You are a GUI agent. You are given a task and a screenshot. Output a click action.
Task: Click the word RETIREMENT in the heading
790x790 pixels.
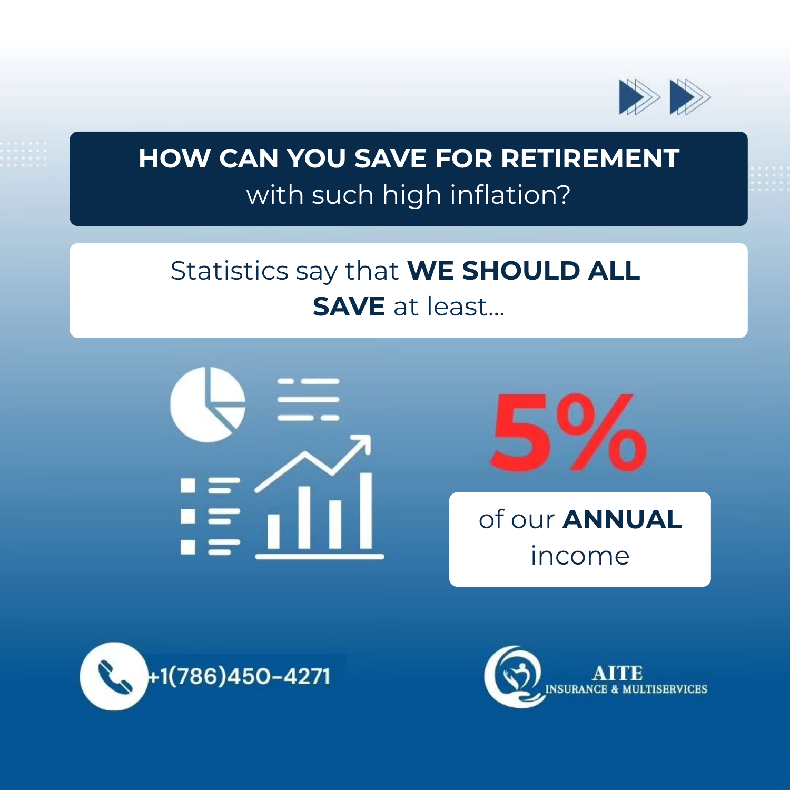[590, 159]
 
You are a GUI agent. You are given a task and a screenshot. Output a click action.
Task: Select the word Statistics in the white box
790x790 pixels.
[230, 271]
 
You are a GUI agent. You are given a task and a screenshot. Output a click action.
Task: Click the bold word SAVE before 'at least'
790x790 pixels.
[349, 307]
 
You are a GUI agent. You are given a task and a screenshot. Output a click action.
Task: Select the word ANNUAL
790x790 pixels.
[622, 520]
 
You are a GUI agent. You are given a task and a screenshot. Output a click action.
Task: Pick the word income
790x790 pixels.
[580, 556]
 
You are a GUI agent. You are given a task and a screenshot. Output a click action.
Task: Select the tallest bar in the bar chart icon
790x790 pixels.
[366, 511]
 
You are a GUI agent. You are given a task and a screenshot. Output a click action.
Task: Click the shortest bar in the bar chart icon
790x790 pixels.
[273, 531]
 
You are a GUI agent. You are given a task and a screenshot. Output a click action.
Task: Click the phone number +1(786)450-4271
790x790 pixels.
[239, 676]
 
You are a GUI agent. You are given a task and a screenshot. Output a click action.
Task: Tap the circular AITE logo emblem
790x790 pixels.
[514, 676]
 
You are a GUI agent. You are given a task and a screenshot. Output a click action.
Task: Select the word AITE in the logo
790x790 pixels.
[617, 673]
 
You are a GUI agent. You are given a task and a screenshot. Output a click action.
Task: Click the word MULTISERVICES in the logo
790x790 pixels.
[665, 689]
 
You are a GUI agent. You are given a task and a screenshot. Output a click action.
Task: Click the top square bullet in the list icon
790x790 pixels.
[188, 485]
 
